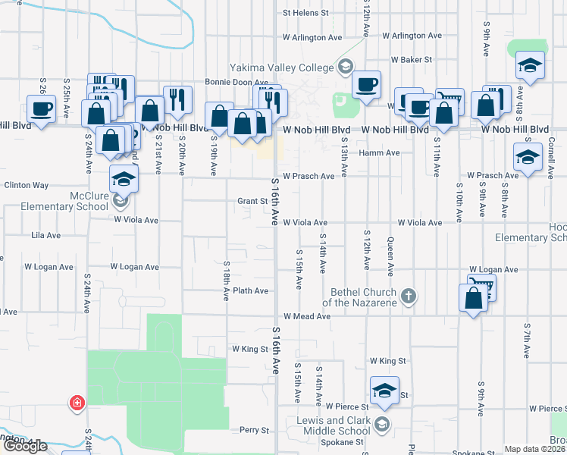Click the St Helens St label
[306, 13]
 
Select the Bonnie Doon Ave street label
[237, 82]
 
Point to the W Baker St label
[411, 59]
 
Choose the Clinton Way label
[26, 185]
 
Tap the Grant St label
[253, 202]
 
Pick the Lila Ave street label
[45, 236]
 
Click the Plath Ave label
[251, 290]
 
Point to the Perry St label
[254, 430]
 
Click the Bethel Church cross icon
[409, 296]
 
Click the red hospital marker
[77, 403]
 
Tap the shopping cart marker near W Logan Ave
[480, 287]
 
